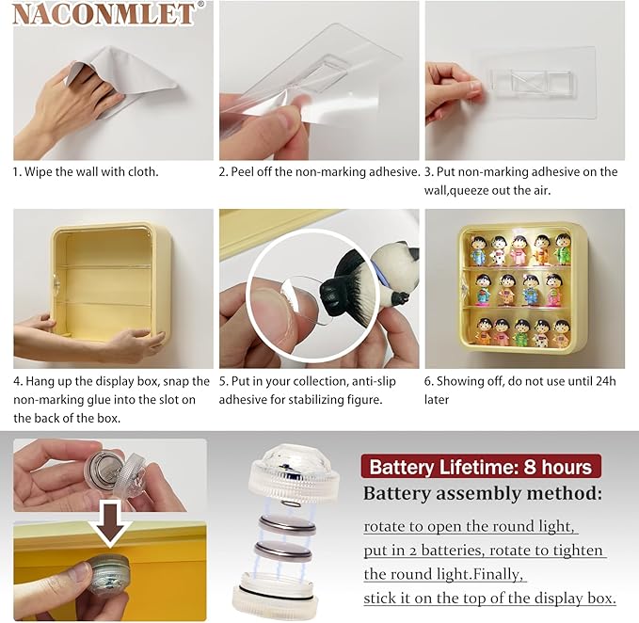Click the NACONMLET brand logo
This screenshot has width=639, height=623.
click(104, 14)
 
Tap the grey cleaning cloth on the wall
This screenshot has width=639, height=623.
click(122, 77)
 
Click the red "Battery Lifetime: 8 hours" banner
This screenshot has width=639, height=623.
click(481, 467)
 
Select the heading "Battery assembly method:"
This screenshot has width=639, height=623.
click(483, 493)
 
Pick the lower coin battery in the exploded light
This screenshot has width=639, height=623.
click(283, 551)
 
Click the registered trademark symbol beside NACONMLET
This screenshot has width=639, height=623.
click(200, 5)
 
